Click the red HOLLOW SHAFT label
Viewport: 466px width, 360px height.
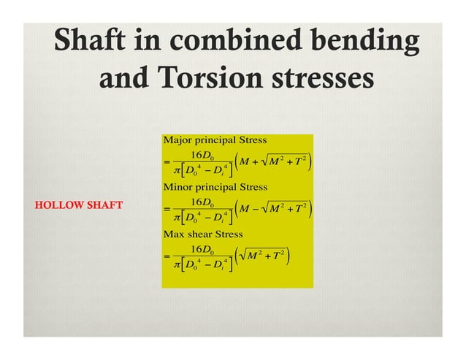point(79,204)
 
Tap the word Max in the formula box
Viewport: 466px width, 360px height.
point(174,235)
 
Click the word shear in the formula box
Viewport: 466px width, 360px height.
point(199,235)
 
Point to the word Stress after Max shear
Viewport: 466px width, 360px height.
point(229,235)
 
